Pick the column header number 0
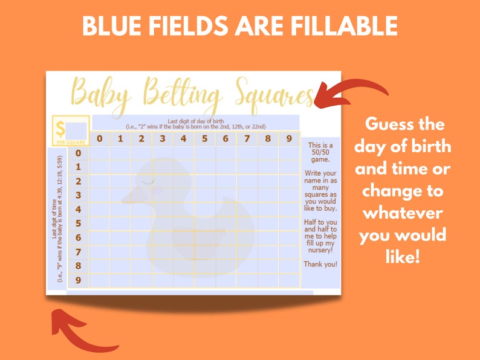click(100, 139)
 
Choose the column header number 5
click(204, 139)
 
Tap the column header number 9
click(288, 139)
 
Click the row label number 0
click(78, 153)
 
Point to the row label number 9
click(78, 280)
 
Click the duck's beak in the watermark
click(134, 195)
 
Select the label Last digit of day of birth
click(195, 120)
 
